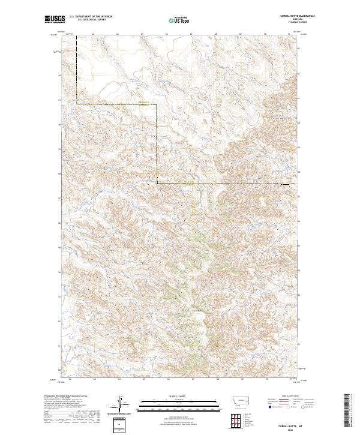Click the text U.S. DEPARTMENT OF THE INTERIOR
(x=91, y=17)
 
